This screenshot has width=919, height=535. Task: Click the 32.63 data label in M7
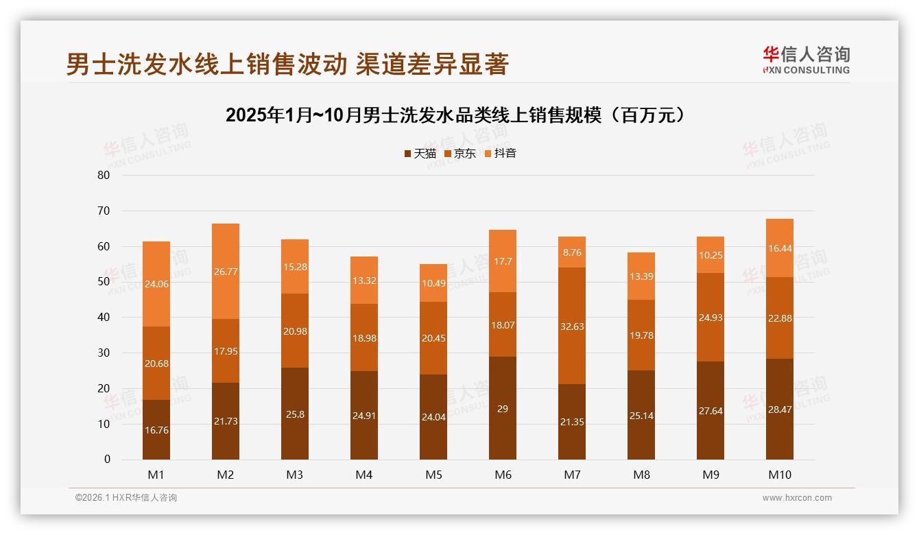pos(572,326)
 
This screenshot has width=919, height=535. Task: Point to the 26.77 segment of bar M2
pos(226,272)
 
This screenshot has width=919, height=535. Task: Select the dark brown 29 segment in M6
pos(503,408)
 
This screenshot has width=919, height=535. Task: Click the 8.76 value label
pos(572,252)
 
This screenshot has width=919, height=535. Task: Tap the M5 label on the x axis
pos(433,475)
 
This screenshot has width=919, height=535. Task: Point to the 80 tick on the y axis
pos(104,175)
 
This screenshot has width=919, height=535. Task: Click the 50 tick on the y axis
pos(104,282)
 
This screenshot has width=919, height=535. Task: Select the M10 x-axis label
pos(780,475)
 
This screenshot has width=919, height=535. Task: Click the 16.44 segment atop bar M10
pos(780,248)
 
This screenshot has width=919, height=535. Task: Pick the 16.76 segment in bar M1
pos(156,429)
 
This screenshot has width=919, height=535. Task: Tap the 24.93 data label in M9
pos(711,318)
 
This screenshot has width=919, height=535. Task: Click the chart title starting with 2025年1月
pos(456,115)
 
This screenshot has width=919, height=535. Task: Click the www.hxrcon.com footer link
pos(797,498)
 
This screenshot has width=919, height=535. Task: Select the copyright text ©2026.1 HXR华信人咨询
pos(126,498)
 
